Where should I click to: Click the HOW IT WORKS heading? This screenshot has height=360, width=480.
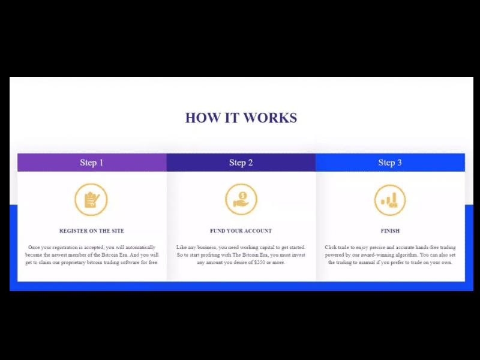coord(241,118)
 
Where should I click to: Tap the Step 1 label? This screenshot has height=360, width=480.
coord(92,163)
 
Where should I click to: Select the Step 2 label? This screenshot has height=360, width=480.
coord(241,163)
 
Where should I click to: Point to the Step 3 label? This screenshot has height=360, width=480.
coord(390,163)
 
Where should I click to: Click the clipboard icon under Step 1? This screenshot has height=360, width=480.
coord(91,200)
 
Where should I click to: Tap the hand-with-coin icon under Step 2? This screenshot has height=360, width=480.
coord(241,199)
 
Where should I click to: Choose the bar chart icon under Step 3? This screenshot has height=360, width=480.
coord(390,200)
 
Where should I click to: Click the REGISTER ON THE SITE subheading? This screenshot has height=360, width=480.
coord(92,231)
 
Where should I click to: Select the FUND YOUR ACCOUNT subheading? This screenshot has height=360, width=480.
coord(241,231)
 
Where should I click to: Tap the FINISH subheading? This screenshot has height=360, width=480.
coord(390,231)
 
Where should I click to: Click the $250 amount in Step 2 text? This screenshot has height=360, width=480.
coord(260,262)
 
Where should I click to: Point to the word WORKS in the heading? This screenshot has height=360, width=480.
coord(270,118)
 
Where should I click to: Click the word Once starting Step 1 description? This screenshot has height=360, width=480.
coord(34,247)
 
